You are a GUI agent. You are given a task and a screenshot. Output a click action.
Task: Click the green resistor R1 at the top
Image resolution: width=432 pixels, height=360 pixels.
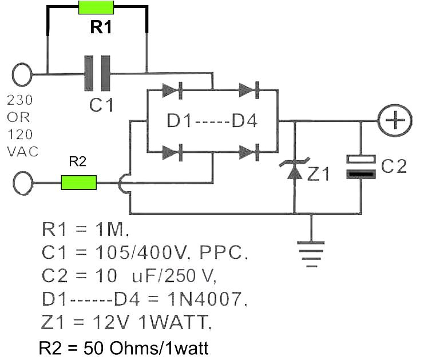tap(97, 8)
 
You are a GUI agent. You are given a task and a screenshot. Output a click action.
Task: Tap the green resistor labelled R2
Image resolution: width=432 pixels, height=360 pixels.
tap(79, 183)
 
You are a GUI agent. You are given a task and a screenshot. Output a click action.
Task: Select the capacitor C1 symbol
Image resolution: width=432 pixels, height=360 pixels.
tap(97, 73)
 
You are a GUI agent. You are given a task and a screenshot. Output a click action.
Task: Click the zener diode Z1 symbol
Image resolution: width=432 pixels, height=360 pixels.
tap(294, 170)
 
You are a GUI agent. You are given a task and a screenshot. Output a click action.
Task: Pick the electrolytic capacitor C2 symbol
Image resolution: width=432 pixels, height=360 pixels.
tap(362, 166)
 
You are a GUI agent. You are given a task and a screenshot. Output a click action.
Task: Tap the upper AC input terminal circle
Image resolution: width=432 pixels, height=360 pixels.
tap(22, 74)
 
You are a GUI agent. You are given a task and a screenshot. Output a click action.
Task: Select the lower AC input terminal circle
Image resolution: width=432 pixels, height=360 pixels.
tap(22, 184)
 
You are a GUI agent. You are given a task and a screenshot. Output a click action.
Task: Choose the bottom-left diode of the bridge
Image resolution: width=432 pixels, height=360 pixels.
tap(173, 152)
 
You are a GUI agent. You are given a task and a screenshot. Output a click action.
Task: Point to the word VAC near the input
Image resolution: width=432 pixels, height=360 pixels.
tap(22, 152)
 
